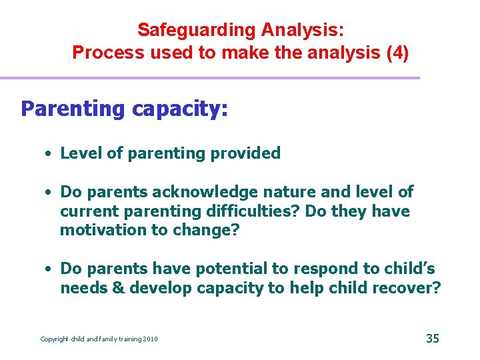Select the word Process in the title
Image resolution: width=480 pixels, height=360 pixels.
click(x=99, y=53)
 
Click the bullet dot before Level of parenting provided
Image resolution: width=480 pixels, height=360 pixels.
click(x=49, y=153)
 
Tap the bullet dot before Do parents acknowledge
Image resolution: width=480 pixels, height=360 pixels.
click(x=49, y=192)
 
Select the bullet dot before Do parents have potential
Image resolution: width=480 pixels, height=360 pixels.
click(x=49, y=269)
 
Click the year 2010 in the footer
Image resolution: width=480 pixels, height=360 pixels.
click(x=150, y=339)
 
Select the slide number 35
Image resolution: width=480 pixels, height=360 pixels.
click(x=433, y=339)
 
